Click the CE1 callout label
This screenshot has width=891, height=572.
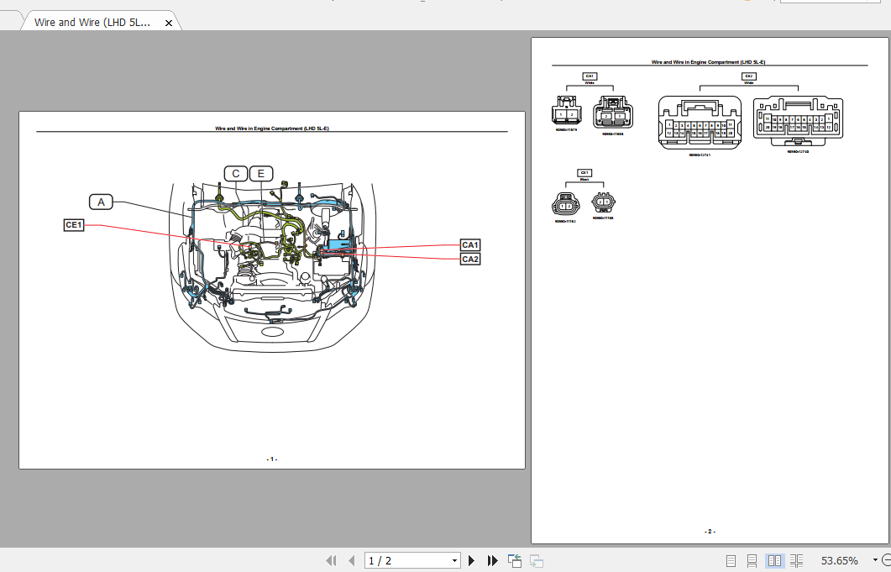pos(74,225)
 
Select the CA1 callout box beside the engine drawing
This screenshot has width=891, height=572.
pos(470,244)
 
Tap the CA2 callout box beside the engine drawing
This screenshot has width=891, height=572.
pos(470,259)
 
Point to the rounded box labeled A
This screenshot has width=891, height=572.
pos(101,202)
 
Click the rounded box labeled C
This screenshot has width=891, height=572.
pos(236,174)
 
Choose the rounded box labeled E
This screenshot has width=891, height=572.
pos(261,174)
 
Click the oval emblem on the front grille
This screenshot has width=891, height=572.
pos(272,332)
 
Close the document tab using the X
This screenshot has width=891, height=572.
pos(168,23)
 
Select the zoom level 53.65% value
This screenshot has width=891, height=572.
pos(839,560)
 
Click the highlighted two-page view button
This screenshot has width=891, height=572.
pos(774,560)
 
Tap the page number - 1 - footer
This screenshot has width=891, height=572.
pos(271,459)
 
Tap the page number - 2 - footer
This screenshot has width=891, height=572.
pos(710,531)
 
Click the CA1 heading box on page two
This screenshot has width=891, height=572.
pos(590,76)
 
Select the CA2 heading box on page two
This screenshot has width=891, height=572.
pos(748,76)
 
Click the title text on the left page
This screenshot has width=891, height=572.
pos(271,129)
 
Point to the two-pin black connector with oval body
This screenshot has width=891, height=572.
pos(566,205)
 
